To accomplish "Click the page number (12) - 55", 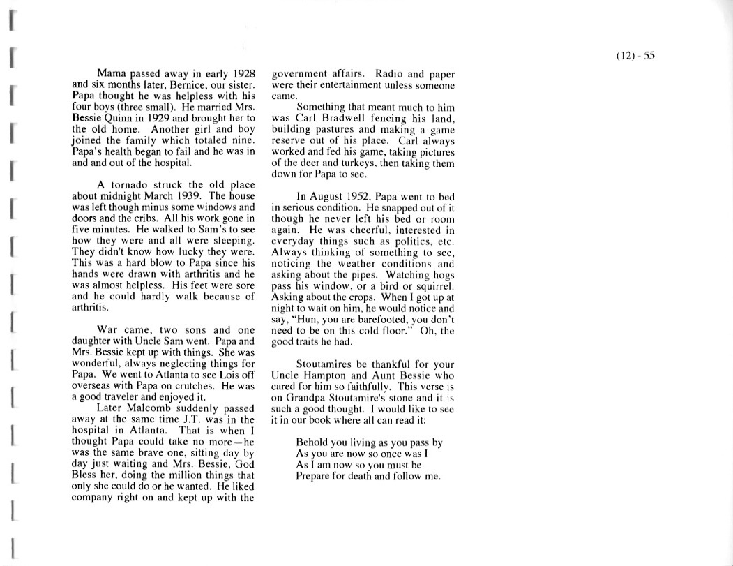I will tap(635, 57).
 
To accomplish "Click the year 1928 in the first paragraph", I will tap(241, 73).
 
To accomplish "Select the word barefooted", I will tap(381, 320).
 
